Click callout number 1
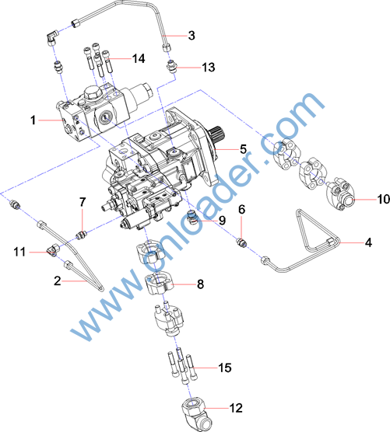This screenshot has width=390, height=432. (33, 120)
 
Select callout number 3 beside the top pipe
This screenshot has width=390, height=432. (191, 36)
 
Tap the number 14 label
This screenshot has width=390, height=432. (139, 58)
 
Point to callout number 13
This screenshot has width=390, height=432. (209, 68)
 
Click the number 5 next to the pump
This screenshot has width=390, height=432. (243, 149)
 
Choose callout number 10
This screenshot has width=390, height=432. (384, 199)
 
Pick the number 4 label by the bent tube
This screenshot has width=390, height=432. (368, 242)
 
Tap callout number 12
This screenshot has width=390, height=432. (237, 408)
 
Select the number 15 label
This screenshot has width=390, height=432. (225, 368)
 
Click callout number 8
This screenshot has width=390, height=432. (200, 284)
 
